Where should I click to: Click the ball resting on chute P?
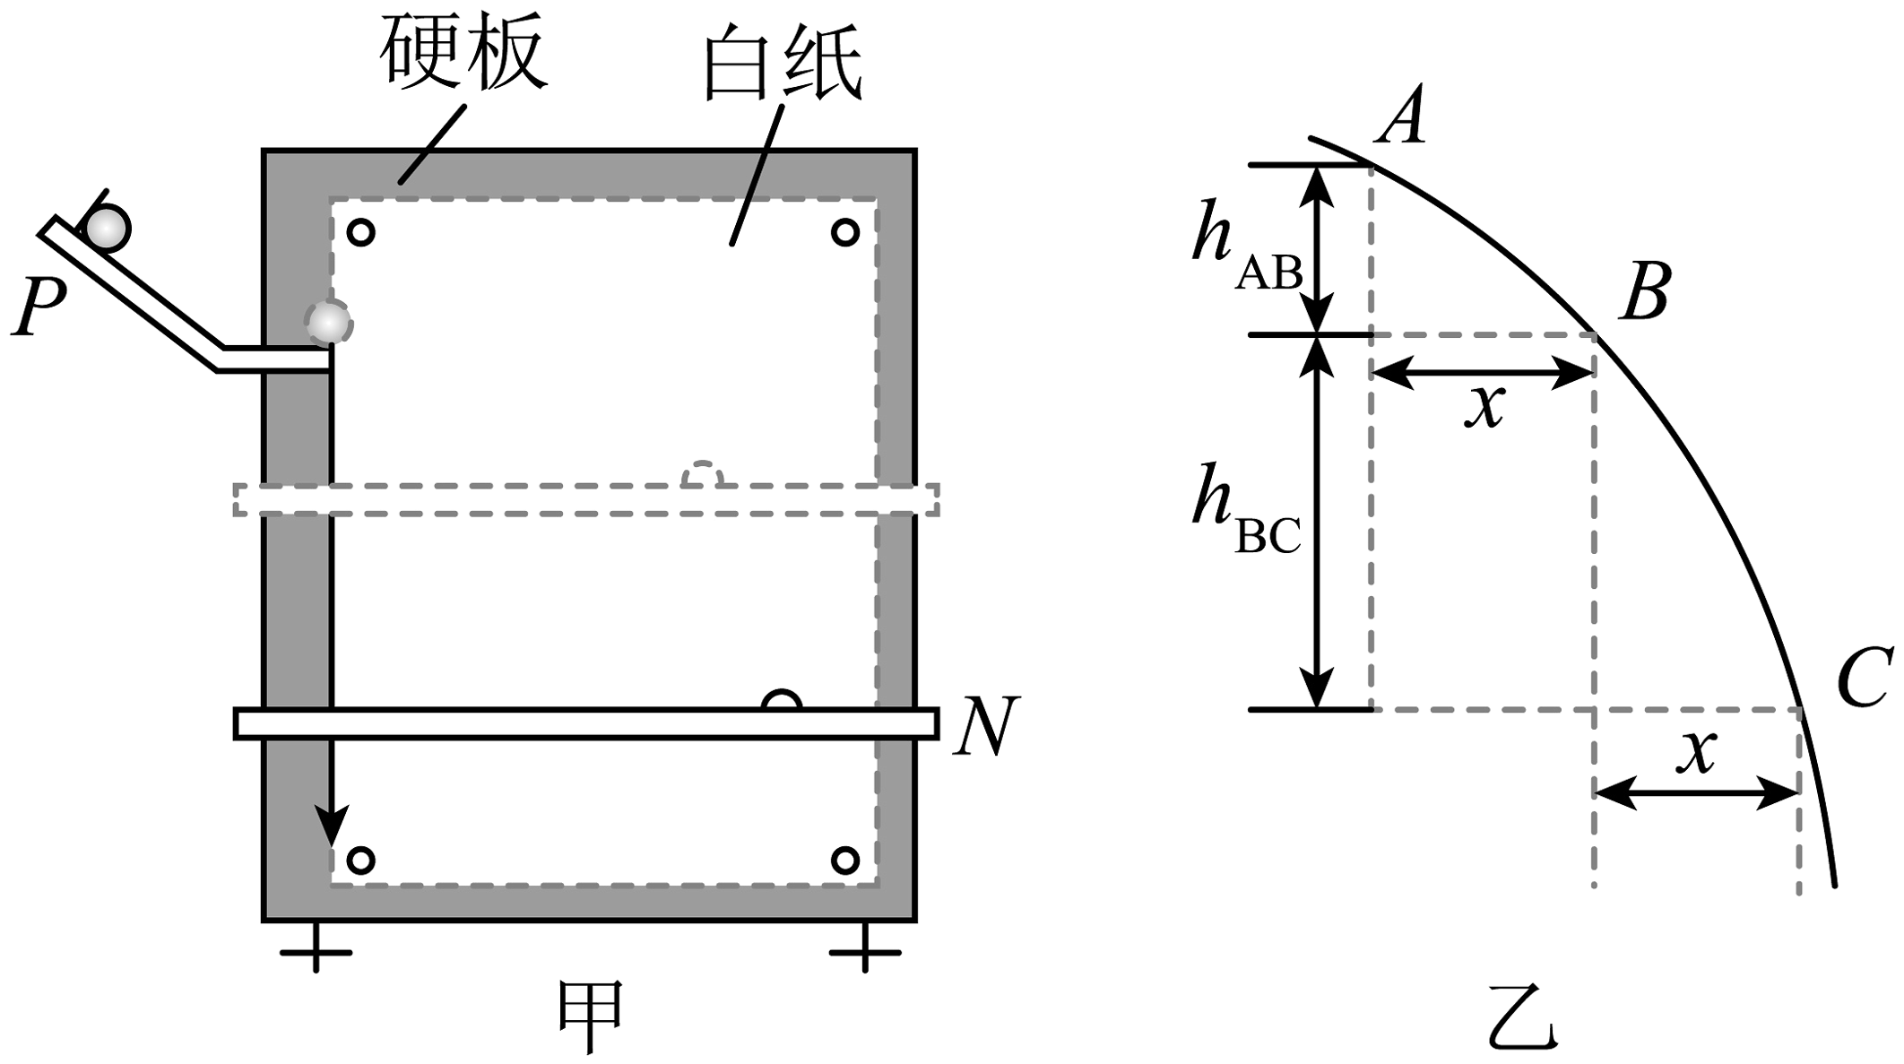click(x=108, y=228)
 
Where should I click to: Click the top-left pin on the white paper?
click(x=360, y=233)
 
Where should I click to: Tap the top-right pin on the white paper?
click(x=844, y=233)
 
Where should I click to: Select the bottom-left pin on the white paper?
click(x=360, y=861)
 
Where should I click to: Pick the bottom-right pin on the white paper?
click(x=844, y=861)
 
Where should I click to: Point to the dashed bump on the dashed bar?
click(x=702, y=474)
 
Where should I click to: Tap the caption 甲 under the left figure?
click(x=591, y=1016)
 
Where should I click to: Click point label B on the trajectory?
click(x=1645, y=291)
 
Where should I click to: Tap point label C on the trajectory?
click(x=1865, y=678)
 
